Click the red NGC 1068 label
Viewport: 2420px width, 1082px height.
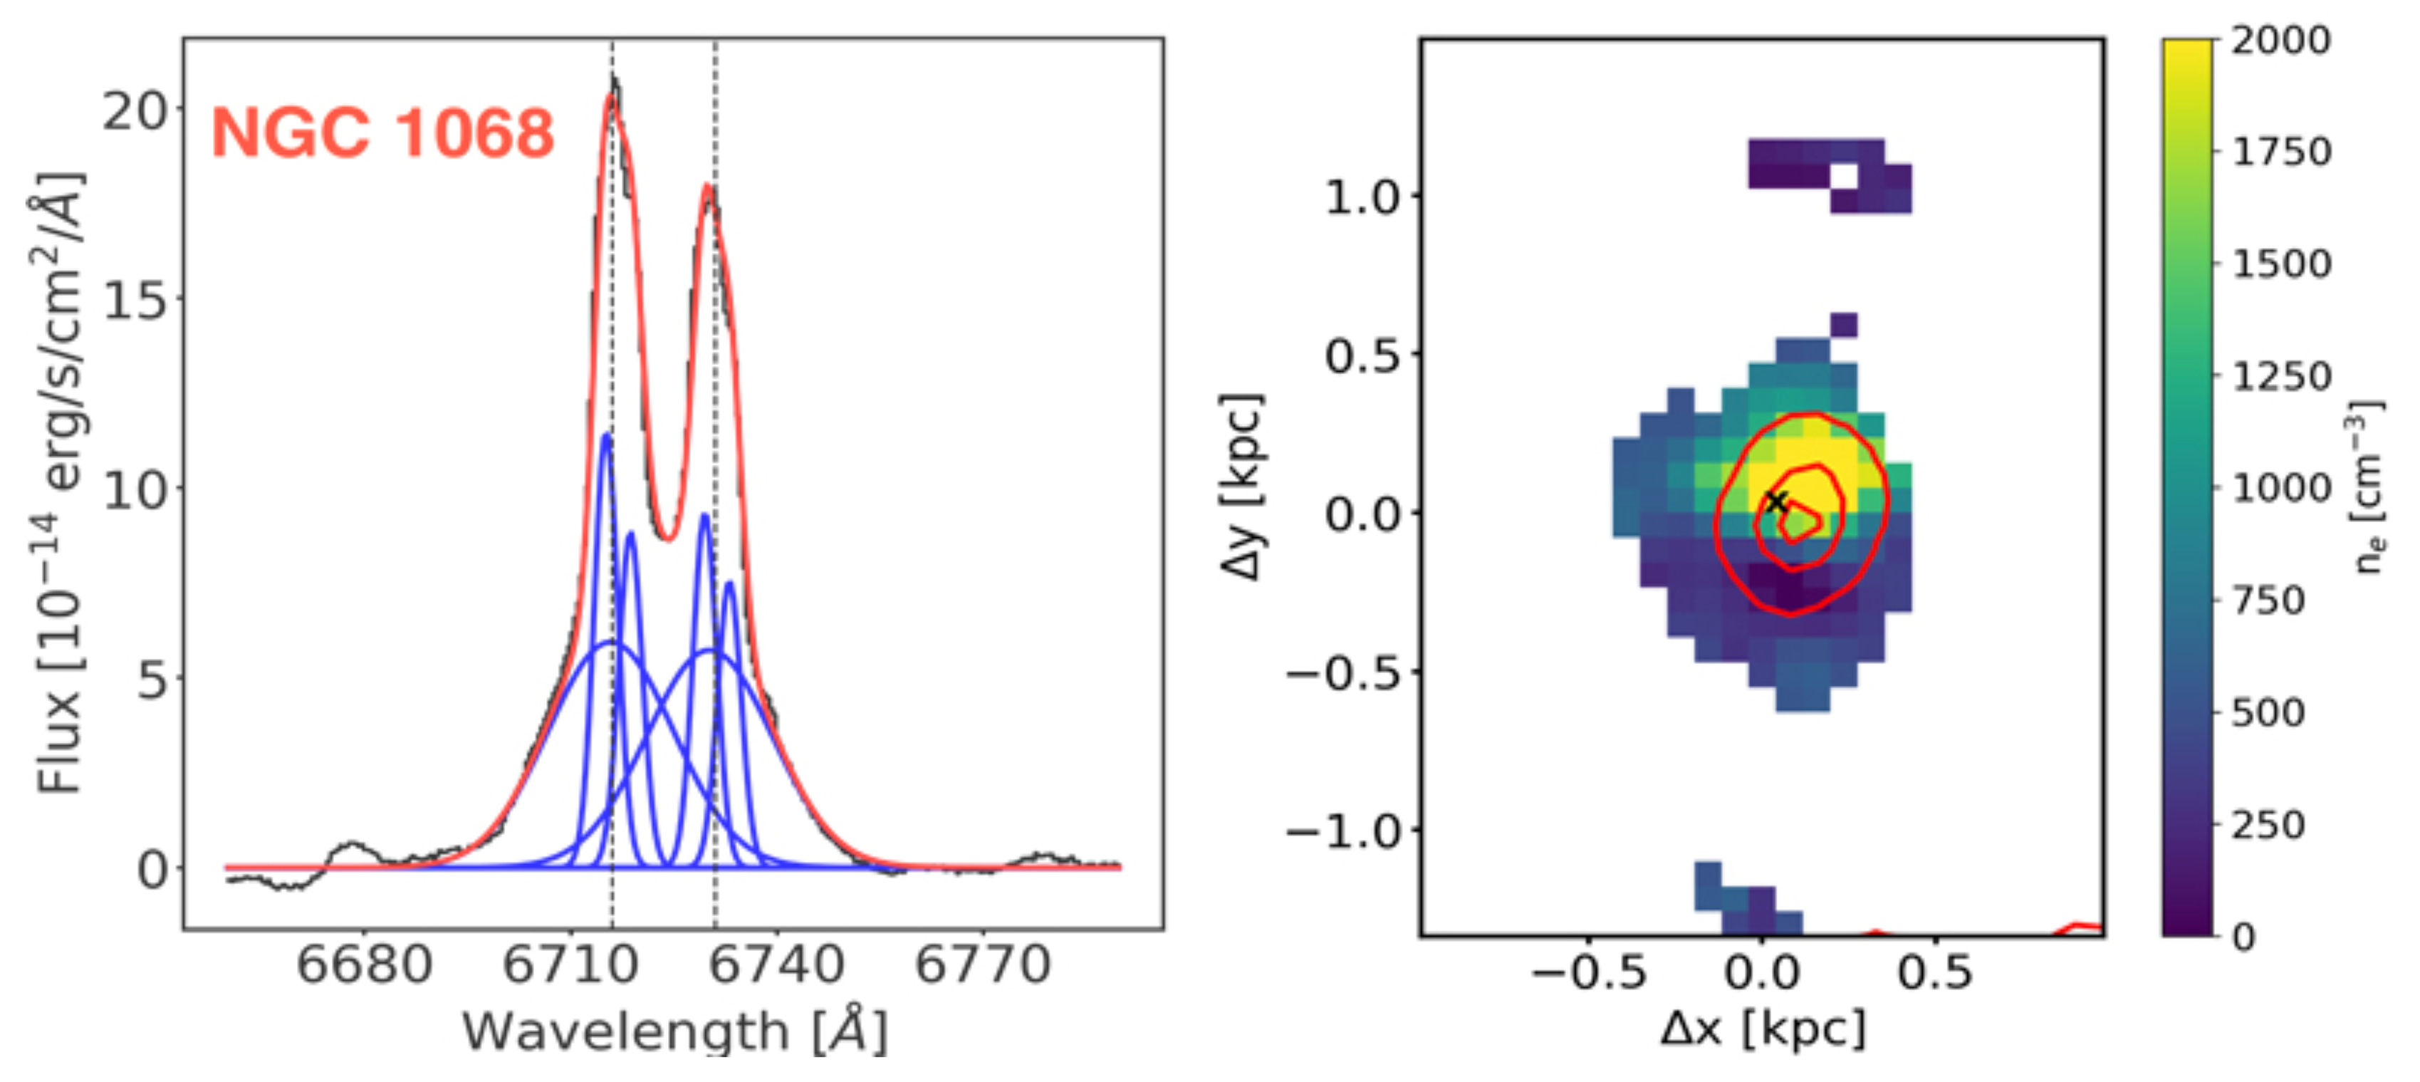(x=382, y=132)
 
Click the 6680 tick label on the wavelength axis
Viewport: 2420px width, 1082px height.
(x=365, y=965)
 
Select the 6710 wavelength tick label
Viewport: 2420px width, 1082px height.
(x=570, y=965)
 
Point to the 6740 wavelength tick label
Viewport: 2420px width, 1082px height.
(x=776, y=965)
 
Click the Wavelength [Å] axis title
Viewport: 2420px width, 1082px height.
(x=674, y=1031)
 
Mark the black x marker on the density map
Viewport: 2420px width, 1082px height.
(x=1775, y=501)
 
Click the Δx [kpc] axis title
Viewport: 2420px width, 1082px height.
(x=1763, y=1029)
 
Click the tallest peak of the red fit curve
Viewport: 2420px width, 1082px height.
(x=612, y=95)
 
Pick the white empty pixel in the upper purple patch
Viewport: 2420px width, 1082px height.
(x=1843, y=177)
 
